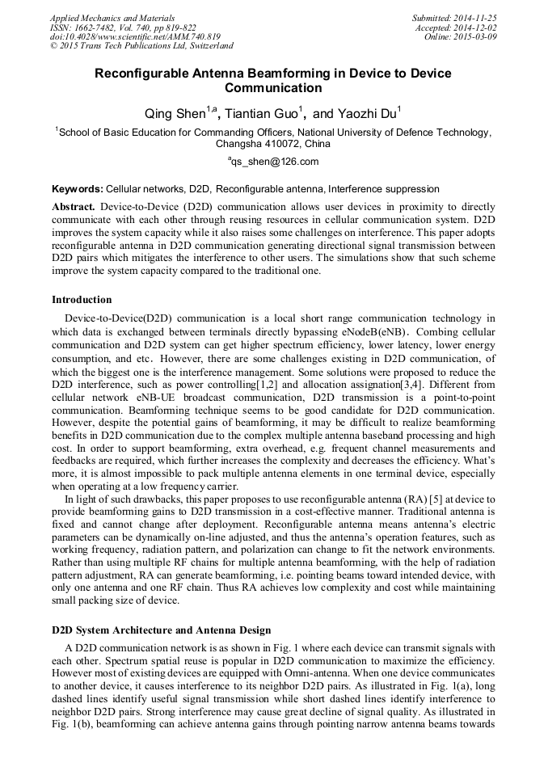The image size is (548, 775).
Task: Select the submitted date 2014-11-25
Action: click(x=475, y=17)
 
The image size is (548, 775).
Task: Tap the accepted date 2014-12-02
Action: click(x=475, y=27)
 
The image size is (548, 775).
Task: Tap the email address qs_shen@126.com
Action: click(x=273, y=162)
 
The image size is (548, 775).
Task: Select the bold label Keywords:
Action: click(x=78, y=188)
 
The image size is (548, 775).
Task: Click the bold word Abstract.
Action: click(x=74, y=207)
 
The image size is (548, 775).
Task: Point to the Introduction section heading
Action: click(x=82, y=300)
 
